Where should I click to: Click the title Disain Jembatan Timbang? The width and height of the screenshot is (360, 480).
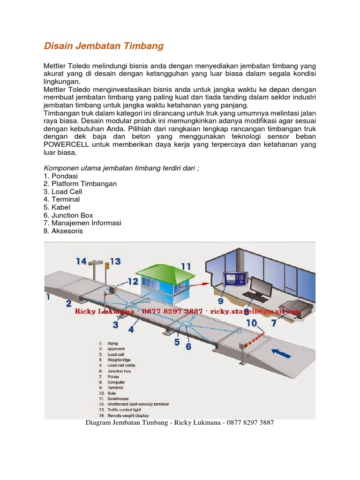[x=104, y=46]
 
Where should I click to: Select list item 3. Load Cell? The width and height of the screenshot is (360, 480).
[x=63, y=192]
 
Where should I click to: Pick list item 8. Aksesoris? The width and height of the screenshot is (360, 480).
[x=63, y=231]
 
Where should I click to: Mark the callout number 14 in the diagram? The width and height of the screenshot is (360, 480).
[x=81, y=261]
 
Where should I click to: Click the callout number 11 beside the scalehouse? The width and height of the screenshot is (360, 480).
[x=186, y=266]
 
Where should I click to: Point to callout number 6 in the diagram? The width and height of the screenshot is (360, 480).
[x=188, y=346]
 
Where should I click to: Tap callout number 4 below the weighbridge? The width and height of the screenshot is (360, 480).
[x=131, y=330]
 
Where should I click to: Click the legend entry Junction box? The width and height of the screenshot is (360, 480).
[x=119, y=371]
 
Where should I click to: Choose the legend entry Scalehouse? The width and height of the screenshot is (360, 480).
[x=119, y=398]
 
